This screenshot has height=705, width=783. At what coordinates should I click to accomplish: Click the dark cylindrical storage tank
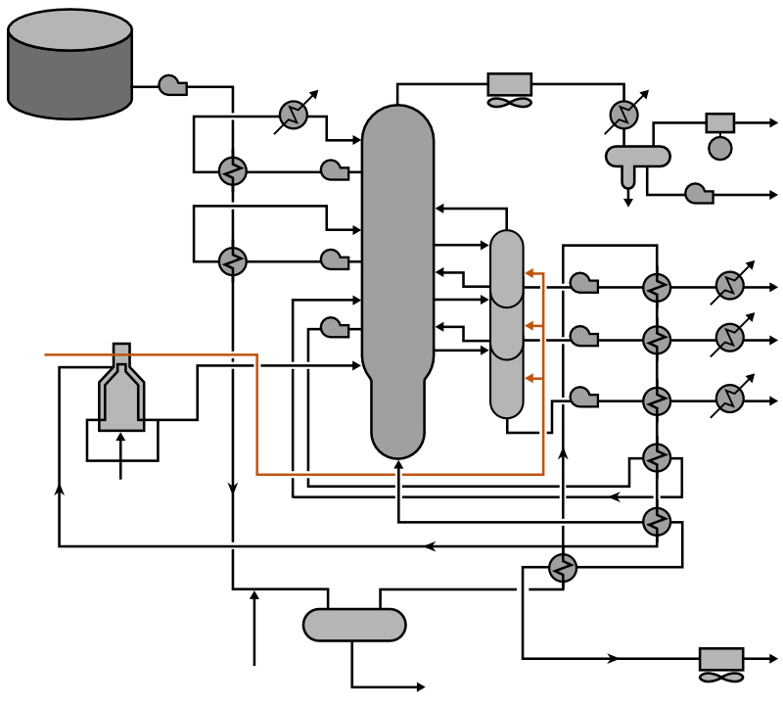[69, 65]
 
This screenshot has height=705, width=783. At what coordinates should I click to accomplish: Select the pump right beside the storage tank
[172, 86]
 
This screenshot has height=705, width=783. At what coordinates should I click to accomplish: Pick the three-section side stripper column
[507, 323]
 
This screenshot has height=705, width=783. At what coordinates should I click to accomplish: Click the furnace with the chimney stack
[121, 392]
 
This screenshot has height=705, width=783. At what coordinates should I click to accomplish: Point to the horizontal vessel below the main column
[354, 625]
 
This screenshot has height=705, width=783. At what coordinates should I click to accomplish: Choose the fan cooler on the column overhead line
[509, 89]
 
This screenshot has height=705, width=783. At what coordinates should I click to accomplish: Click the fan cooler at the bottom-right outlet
[721, 664]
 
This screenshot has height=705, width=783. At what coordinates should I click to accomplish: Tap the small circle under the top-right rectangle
[720, 149]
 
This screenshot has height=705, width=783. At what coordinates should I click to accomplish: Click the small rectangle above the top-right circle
[720, 122]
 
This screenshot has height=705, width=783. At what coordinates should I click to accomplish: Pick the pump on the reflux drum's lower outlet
[699, 194]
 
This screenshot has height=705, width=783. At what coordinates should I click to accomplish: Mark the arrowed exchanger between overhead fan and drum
[623, 115]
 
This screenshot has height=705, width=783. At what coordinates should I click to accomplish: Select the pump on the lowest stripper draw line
[584, 397]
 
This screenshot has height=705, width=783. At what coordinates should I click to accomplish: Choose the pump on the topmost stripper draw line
[584, 283]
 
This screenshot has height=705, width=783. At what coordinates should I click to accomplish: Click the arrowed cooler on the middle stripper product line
[729, 339]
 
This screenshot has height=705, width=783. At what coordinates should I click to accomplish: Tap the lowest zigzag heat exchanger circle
[563, 568]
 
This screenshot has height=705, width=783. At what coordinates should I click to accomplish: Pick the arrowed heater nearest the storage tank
[294, 115]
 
